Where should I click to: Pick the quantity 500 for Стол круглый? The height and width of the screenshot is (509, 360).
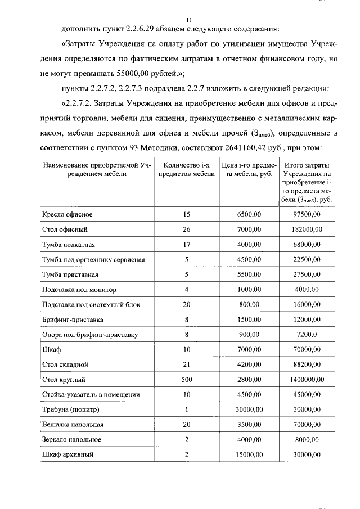coord(187,380)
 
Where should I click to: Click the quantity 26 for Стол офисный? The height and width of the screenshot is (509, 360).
coord(187,229)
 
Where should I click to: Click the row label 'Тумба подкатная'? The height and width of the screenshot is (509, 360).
coord(69,245)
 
